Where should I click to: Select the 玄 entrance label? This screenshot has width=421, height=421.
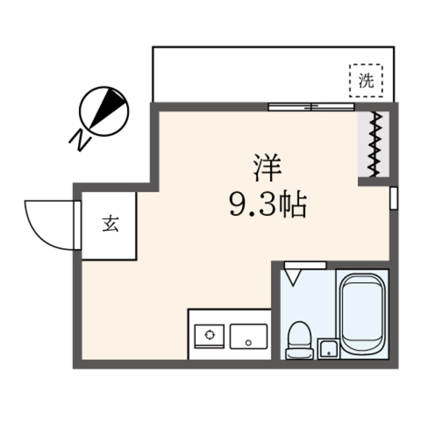110,224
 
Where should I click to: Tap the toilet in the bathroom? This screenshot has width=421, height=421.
299,335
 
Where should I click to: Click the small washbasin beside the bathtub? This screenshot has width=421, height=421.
327,349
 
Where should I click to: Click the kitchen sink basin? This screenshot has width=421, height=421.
247,335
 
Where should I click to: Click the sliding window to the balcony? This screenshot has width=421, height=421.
311,106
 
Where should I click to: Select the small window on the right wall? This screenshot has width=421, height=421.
393,197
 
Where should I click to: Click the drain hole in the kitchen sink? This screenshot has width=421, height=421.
248,342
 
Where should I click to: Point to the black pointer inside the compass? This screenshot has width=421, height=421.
109,107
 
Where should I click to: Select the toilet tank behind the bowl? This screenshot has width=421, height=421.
299,353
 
